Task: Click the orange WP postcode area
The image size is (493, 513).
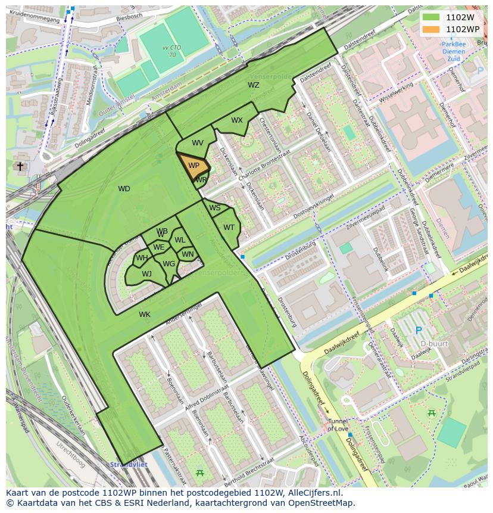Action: pos(194,167)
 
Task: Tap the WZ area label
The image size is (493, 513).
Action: pos(254,85)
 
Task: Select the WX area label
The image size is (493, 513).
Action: pos(237,120)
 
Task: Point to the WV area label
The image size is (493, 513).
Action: pos(198,143)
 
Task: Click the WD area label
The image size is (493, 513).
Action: pos(124,189)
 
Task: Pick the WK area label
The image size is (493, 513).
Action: pos(145,314)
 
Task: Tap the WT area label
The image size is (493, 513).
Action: pos(229,228)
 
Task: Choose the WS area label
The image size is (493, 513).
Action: pos(215,208)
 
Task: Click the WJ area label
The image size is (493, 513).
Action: pos(146,274)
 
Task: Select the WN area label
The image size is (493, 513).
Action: pos(188,254)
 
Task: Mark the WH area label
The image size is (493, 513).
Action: pos(142,258)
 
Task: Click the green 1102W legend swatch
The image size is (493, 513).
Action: pos(430,17)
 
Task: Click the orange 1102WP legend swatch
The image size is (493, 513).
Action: pos(430,29)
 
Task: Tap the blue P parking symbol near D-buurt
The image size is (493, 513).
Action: pos(418,330)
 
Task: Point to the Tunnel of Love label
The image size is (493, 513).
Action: pos(338,425)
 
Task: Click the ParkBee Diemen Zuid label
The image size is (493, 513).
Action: pos(454,51)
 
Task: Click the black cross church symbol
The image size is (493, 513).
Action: pos(20,166)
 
